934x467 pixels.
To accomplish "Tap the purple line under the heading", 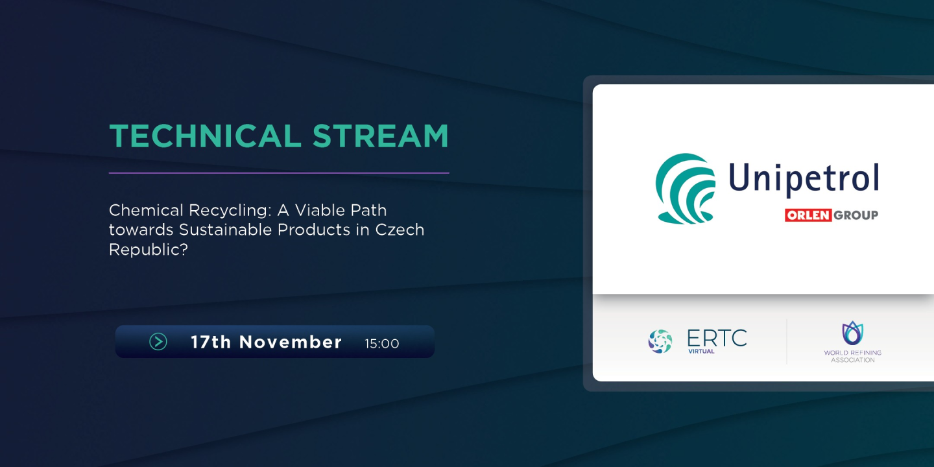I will (x=279, y=173).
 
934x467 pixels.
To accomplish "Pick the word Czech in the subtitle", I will (x=400, y=230).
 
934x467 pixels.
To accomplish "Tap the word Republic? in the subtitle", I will (x=148, y=249).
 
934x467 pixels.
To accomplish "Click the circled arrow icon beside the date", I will (x=158, y=342).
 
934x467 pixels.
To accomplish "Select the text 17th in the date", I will (x=211, y=342).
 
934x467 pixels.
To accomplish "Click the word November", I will (x=291, y=342).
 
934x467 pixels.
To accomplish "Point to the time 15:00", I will (x=382, y=344).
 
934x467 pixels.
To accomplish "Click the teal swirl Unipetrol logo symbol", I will (x=685, y=188).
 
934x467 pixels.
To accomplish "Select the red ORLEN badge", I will (x=808, y=215).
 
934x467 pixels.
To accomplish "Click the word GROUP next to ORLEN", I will (x=856, y=215).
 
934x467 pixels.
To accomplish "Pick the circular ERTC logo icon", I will (x=660, y=341).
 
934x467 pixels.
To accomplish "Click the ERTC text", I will (x=717, y=337).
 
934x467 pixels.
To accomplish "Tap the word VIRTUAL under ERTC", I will (x=701, y=352).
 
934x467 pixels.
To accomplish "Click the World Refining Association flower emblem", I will (x=852, y=333).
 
